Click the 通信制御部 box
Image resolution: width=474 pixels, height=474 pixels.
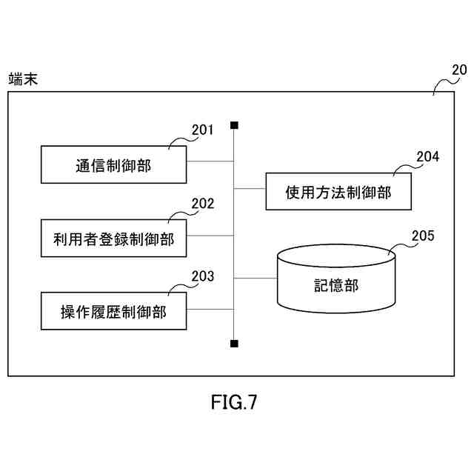click(x=113, y=164)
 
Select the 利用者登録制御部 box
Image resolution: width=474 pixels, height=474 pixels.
click(x=113, y=238)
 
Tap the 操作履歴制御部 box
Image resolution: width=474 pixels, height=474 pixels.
click(x=113, y=312)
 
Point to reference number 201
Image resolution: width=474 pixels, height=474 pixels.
click(x=202, y=130)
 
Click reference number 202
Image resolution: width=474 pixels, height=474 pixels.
click(x=202, y=204)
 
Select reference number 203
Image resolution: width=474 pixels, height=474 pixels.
click(x=202, y=277)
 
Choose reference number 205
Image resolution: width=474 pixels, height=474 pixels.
click(x=423, y=237)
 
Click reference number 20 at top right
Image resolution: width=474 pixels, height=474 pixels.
click(x=459, y=71)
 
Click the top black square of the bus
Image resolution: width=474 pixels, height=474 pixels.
click(x=234, y=124)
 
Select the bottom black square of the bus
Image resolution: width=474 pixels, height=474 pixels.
click(x=234, y=344)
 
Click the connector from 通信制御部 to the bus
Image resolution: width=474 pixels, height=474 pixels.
click(x=210, y=161)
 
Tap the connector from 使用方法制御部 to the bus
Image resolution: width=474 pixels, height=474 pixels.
click(x=250, y=190)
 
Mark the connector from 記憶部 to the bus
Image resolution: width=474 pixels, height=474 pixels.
click(x=256, y=278)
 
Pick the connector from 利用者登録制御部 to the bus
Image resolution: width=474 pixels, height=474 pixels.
click(x=210, y=236)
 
